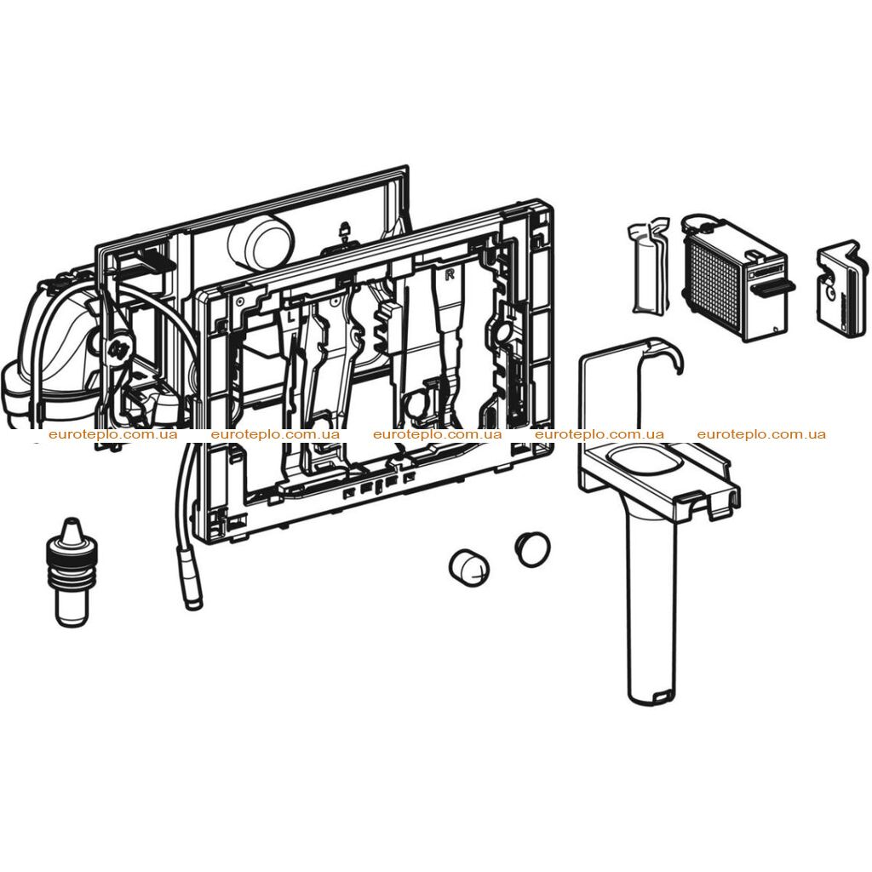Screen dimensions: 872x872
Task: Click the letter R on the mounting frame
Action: click(x=450, y=274)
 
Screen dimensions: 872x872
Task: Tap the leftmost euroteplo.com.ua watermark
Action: click(x=113, y=434)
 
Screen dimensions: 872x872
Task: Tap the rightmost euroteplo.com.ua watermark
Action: click(x=761, y=434)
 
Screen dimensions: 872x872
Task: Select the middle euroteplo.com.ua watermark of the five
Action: click(x=437, y=434)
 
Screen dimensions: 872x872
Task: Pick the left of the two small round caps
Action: click(x=470, y=568)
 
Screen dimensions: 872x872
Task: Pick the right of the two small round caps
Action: click(x=532, y=549)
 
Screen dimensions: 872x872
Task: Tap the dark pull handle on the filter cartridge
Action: click(x=772, y=288)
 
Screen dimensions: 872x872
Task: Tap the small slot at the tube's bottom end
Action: click(x=663, y=695)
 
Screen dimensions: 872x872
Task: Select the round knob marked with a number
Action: click(x=120, y=350)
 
